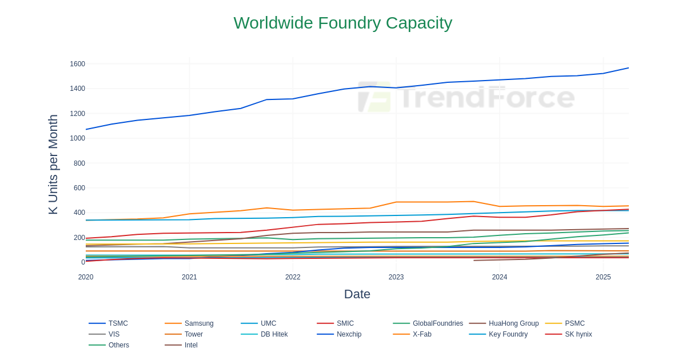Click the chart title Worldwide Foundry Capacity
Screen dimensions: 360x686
pyautogui.click(x=342, y=23)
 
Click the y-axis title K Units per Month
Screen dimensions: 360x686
pyautogui.click(x=53, y=165)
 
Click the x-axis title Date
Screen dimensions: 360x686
pyautogui.click(x=357, y=294)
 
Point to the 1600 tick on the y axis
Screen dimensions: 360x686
pyautogui.click(x=77, y=64)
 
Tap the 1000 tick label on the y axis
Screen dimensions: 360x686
pyautogui.click(x=77, y=138)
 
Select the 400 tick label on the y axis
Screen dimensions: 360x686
pyautogui.click(x=79, y=213)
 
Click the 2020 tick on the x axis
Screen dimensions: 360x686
pyautogui.click(x=86, y=277)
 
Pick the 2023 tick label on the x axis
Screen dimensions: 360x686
pyautogui.click(x=396, y=277)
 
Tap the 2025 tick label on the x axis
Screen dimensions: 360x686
pyautogui.click(x=603, y=277)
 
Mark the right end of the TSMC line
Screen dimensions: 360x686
pyautogui.click(x=628, y=68)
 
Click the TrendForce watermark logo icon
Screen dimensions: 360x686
pyautogui.click(x=374, y=97)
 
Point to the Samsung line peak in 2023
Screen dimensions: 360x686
pyautogui.click(x=473, y=201)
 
